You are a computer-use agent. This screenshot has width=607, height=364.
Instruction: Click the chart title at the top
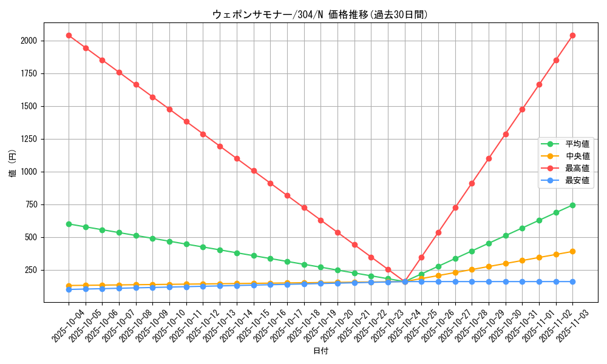pyautogui.click(x=320, y=15)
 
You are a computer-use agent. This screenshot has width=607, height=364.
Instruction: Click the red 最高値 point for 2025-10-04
pyautogui.click(x=69, y=35)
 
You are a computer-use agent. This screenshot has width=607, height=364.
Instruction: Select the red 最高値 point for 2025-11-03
pyautogui.click(x=572, y=35)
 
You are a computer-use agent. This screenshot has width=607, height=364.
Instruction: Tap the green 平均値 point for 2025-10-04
pyautogui.click(x=69, y=224)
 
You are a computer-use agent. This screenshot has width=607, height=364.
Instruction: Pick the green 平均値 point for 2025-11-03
pyautogui.click(x=572, y=205)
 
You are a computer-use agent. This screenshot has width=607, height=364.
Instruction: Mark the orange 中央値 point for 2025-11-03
pyautogui.click(x=572, y=251)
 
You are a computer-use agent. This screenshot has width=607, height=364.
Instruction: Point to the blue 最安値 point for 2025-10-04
pyautogui.click(x=69, y=289)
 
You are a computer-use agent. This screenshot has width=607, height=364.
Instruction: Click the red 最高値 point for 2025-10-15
pyautogui.click(x=254, y=170)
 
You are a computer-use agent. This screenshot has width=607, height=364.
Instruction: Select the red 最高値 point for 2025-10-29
pyautogui.click(x=489, y=158)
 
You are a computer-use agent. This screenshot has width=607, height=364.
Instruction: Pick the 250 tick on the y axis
pyautogui.click(x=31, y=270)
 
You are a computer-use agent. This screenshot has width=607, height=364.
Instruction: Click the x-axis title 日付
pyautogui.click(x=320, y=351)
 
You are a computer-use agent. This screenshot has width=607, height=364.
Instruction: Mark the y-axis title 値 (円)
pyautogui.click(x=13, y=163)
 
